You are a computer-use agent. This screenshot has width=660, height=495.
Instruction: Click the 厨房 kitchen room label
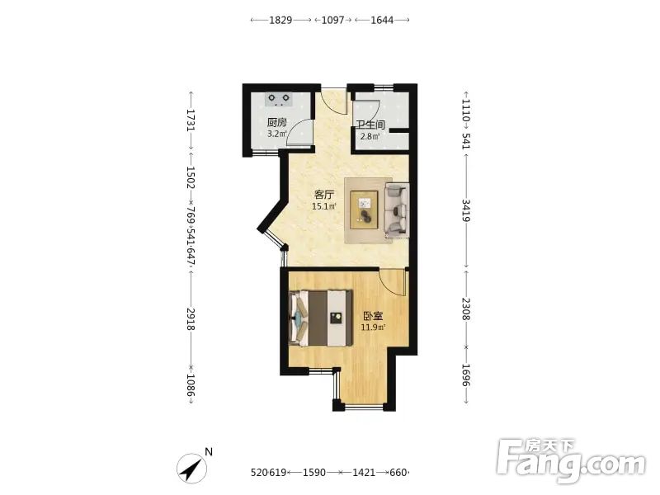[x=277, y=123]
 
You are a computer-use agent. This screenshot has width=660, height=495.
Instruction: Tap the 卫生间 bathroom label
[x=370, y=125]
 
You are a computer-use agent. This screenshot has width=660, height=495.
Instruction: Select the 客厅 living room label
[x=324, y=195]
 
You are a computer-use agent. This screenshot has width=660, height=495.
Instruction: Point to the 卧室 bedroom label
[x=373, y=316]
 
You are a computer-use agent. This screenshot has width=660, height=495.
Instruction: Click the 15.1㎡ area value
[x=323, y=206]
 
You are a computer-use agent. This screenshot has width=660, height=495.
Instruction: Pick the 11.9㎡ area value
[x=373, y=327]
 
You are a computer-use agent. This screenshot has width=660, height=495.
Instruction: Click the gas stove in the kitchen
[x=279, y=99]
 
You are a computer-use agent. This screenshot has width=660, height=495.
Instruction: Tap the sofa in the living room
[x=397, y=210]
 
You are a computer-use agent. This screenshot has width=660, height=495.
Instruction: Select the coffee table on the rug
[x=365, y=210]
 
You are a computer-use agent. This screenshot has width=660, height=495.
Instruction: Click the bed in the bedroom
[x=321, y=318]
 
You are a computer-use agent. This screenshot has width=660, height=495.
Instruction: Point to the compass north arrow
[x=192, y=468]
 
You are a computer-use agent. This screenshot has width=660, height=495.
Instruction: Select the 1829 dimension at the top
[x=280, y=20]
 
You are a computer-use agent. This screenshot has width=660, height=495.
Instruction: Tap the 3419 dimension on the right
[x=466, y=210]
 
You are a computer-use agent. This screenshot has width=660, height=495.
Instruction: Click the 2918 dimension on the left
[x=191, y=319]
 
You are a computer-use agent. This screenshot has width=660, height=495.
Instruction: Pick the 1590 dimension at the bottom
[x=314, y=472]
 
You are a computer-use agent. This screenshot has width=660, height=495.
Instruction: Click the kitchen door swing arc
[x=297, y=130]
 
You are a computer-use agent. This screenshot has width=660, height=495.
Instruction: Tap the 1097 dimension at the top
[x=333, y=20]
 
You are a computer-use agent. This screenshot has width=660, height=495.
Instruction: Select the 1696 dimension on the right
[x=466, y=375]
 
